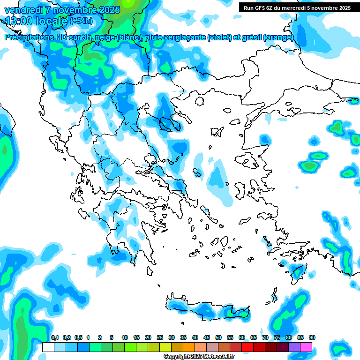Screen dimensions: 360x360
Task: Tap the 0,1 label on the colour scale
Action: pyautogui.click(x=55, y=338)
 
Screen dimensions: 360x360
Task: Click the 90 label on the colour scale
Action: pyautogui.click(x=312, y=338)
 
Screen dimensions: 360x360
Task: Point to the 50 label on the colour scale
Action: pyautogui.click(x=218, y=338)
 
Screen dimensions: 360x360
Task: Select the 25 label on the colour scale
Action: pyautogui.click(x=160, y=338)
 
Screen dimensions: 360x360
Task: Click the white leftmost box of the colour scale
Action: pyautogui.click(x=48, y=347)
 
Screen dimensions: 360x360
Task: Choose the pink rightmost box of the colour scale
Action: pyautogui.click(x=306, y=347)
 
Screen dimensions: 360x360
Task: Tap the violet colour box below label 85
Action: pyautogui.click(x=294, y=347)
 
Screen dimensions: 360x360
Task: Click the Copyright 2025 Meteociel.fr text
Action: pyautogui.click(x=199, y=357)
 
